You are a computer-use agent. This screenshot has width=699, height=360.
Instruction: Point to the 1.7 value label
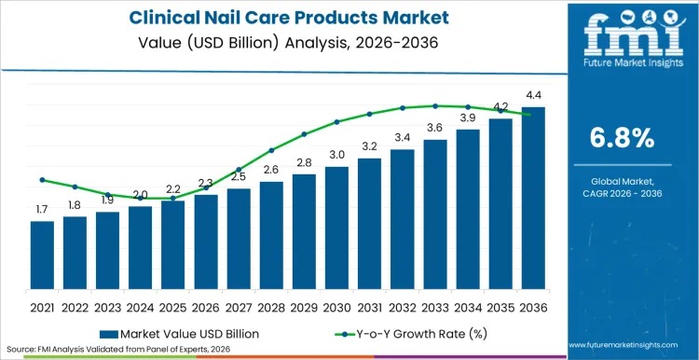(x=42, y=210)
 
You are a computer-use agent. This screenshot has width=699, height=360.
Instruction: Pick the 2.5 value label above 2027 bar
(x=239, y=176)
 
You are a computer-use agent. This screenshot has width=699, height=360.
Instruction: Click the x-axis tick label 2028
(x=271, y=307)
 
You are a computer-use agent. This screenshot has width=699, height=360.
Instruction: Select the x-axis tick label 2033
(x=434, y=307)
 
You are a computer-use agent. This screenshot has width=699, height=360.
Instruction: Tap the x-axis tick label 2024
(x=140, y=307)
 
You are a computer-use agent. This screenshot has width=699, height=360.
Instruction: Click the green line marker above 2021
(x=42, y=180)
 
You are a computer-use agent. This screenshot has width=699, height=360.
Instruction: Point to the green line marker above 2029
(x=304, y=134)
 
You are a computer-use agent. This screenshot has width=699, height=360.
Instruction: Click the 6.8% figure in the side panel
(x=629, y=139)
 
